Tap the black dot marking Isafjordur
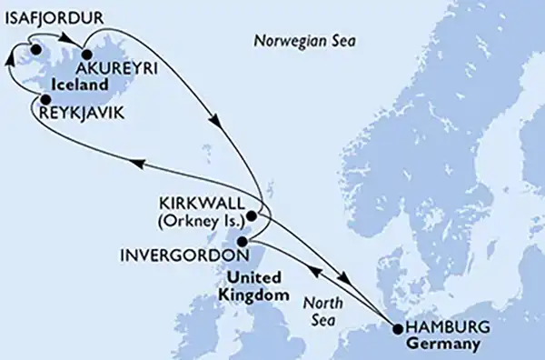pos(36,50)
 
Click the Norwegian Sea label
pos(305,42)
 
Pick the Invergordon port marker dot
pos(242,242)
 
